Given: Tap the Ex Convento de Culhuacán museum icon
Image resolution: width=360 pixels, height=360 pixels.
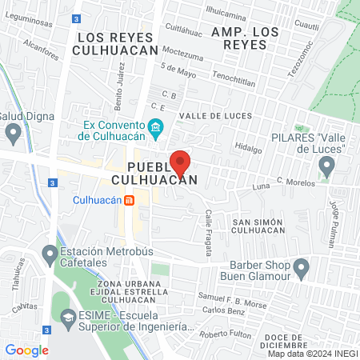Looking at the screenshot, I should pyautogui.click(x=156, y=126).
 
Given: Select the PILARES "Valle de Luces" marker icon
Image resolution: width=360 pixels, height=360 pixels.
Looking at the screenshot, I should pyautogui.click(x=326, y=166).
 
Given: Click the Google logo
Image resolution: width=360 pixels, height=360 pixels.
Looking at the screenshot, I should pyautogui.click(x=26, y=350).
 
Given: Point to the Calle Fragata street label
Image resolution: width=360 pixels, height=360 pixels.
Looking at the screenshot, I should pyautogui.click(x=208, y=232).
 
